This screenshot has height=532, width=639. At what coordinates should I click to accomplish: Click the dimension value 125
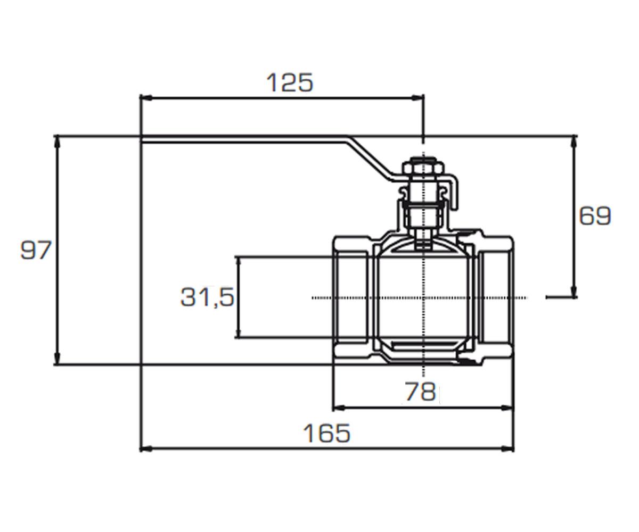290,82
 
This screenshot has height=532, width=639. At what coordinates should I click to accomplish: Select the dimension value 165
326,433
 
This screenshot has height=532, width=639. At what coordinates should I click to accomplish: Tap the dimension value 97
36,250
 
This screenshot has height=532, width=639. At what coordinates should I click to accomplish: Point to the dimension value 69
595,216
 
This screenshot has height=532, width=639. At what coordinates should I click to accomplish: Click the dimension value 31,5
207,297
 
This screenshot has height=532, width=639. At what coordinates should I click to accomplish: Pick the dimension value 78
420,392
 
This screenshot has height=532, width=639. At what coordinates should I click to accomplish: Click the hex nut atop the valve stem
423,169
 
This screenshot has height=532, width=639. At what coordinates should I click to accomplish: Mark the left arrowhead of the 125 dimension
146,98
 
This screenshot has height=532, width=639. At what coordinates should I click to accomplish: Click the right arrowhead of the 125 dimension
417,98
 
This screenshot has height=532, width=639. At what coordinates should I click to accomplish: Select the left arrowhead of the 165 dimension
146,449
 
